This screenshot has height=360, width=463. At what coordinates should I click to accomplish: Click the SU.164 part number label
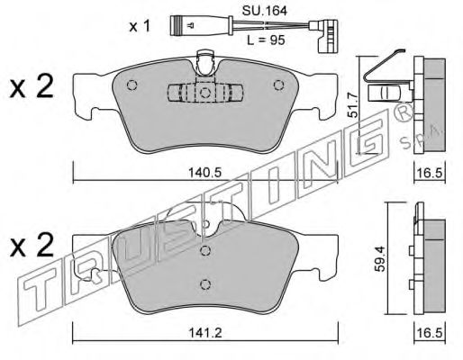click(x=265, y=11)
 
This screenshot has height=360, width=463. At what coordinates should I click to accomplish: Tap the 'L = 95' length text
click(x=266, y=40)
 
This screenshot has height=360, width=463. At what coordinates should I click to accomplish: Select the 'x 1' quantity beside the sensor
click(x=140, y=26)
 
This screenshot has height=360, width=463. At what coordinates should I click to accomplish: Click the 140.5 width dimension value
click(x=204, y=173)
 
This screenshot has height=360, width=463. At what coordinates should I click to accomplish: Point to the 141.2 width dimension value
click(x=205, y=333)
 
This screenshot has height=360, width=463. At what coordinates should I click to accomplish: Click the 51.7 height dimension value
click(x=353, y=105)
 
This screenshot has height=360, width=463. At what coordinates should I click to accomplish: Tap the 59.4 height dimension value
click(x=380, y=259)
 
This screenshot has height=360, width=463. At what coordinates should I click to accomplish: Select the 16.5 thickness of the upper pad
click(x=430, y=173)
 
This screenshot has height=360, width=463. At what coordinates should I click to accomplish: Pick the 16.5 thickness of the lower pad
click(x=430, y=333)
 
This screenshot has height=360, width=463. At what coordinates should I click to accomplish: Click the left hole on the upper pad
click(x=132, y=85)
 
